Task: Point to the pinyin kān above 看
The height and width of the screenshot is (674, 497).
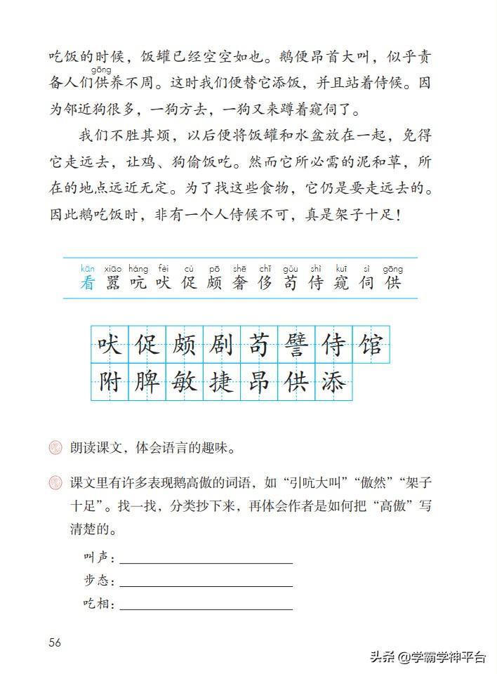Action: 87,268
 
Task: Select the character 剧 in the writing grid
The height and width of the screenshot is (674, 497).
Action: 222,345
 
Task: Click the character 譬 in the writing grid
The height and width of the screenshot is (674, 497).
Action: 297,345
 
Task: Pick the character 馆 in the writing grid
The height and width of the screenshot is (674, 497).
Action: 371,345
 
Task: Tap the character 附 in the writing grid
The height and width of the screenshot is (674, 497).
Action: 110,382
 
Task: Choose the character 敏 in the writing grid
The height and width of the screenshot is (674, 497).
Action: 184,382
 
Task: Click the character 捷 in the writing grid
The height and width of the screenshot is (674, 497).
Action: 222,382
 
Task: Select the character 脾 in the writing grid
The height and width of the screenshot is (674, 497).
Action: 147,382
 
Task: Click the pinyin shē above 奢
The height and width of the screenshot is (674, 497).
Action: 239,268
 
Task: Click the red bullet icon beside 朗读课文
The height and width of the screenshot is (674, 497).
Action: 55,447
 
